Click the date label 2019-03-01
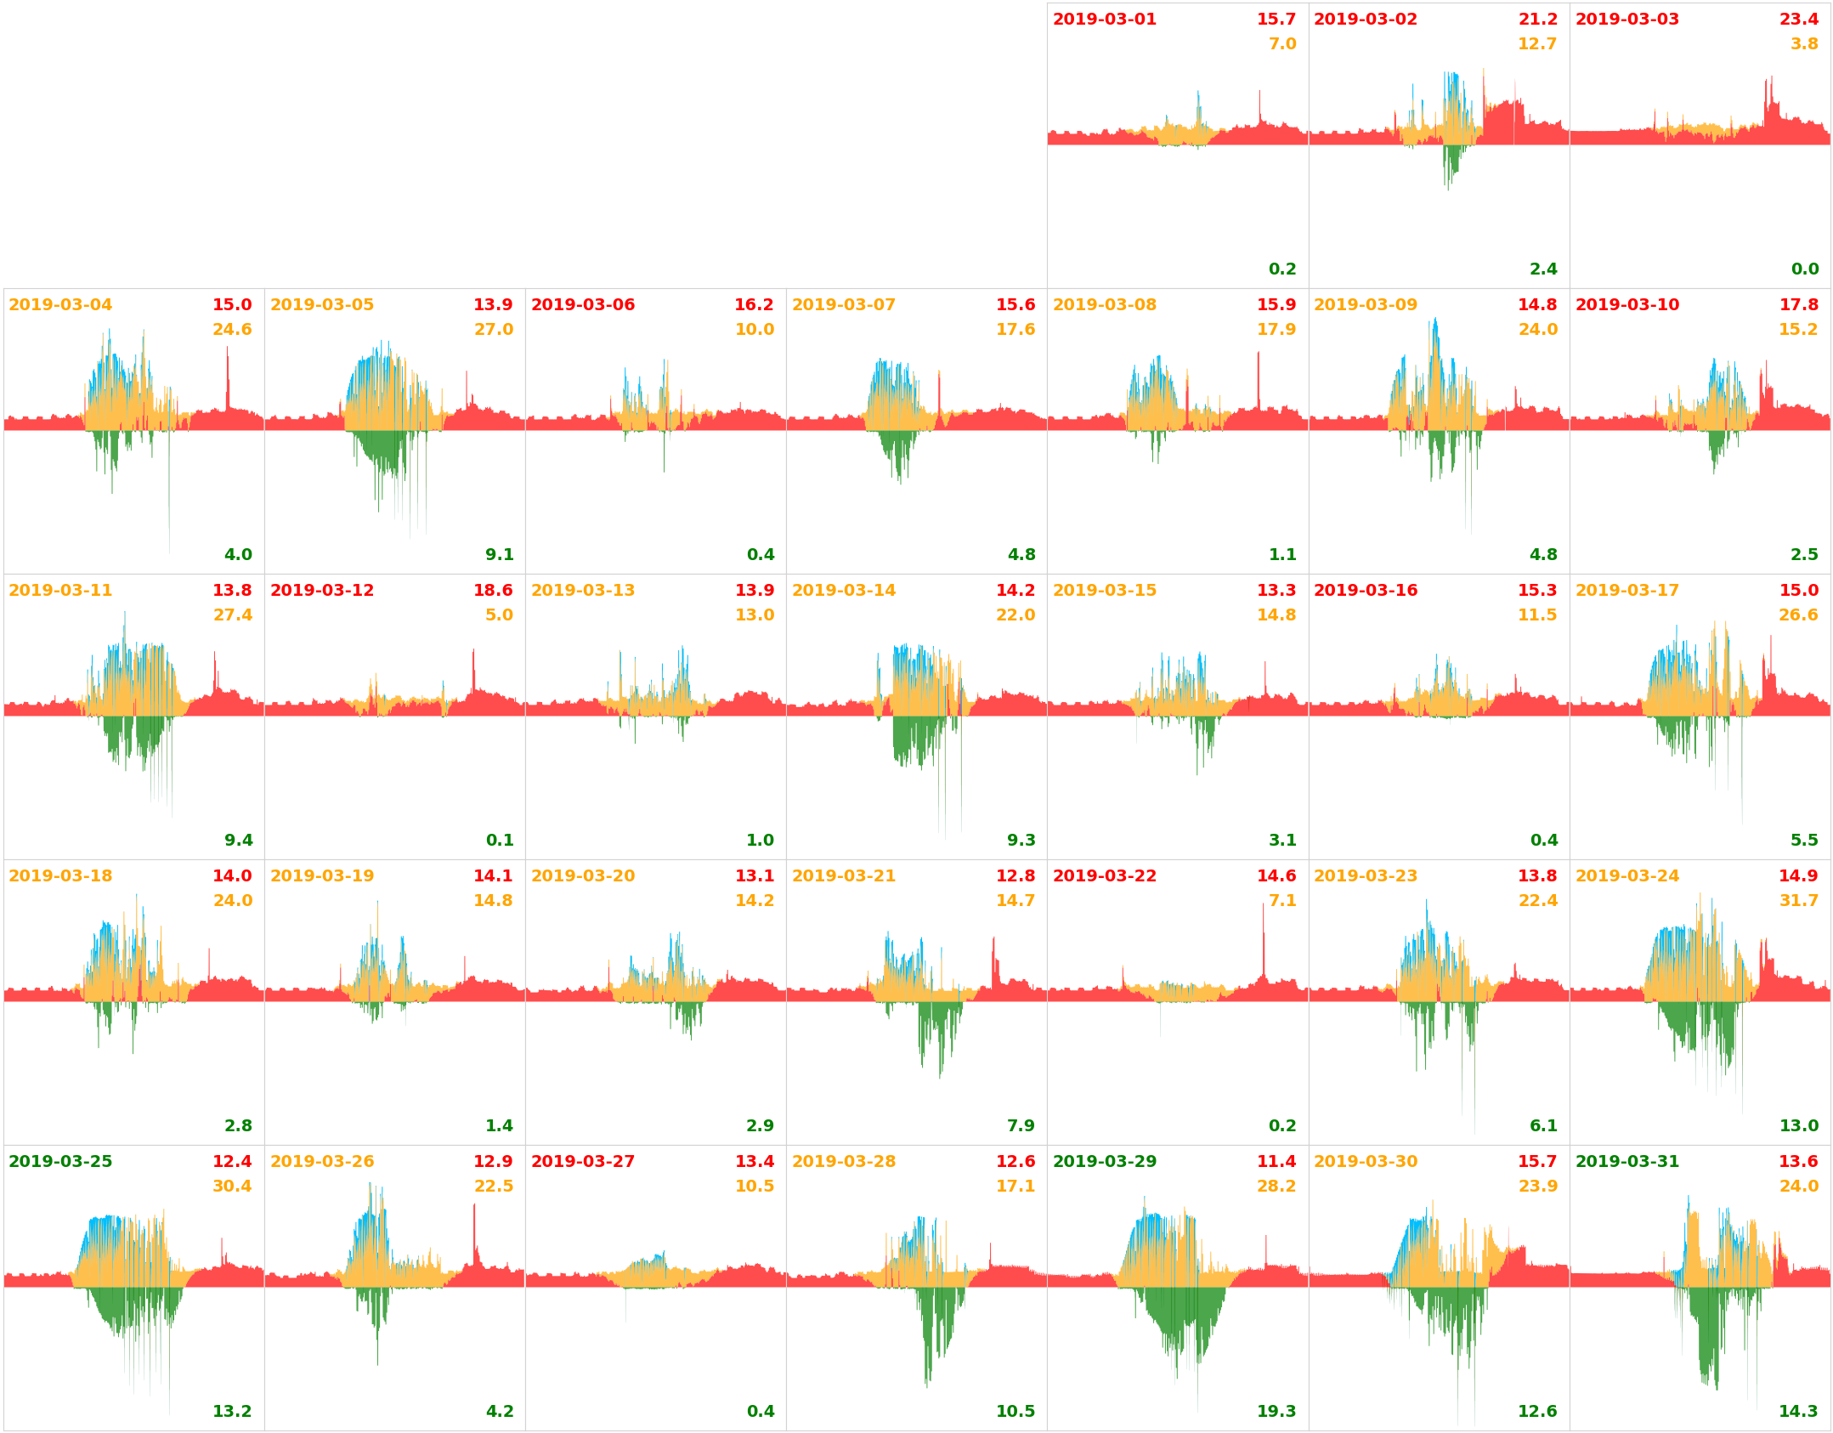click(x=1104, y=20)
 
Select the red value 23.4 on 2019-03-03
click(x=1798, y=20)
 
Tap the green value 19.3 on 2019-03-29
click(x=1276, y=1412)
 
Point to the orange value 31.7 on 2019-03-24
click(x=1798, y=901)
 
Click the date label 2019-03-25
click(x=60, y=1162)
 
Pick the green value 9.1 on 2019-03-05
click(x=499, y=555)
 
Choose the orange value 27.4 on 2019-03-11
click(x=232, y=615)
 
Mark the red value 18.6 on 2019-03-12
click(x=493, y=591)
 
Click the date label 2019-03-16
click(x=1365, y=591)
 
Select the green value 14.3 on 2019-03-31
click(x=1798, y=1412)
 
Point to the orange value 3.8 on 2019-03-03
click(x=1804, y=44)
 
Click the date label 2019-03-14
click(x=843, y=591)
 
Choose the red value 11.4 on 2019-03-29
click(x=1276, y=1162)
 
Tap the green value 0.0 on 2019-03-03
click(x=1804, y=269)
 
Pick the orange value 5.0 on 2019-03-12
click(x=499, y=615)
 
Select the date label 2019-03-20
click(x=582, y=876)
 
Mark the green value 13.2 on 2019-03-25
click(x=232, y=1412)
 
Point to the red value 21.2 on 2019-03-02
click(x=1537, y=20)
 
